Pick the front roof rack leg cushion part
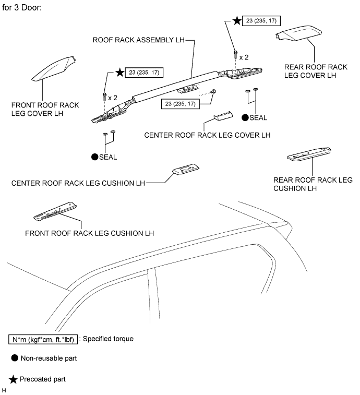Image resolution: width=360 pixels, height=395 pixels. click(55, 209)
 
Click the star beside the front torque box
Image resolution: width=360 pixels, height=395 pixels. click(119, 73)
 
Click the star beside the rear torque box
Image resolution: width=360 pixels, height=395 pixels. click(237, 21)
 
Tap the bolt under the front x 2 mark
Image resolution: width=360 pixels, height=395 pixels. click(105, 95)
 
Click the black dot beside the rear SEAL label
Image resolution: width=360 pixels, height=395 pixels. click(245, 117)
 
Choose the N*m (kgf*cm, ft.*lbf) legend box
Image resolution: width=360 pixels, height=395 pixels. click(43, 339)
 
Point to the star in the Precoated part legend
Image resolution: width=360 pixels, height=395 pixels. click(14, 379)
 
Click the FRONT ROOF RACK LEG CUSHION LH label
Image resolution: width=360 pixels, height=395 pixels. click(89, 233)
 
